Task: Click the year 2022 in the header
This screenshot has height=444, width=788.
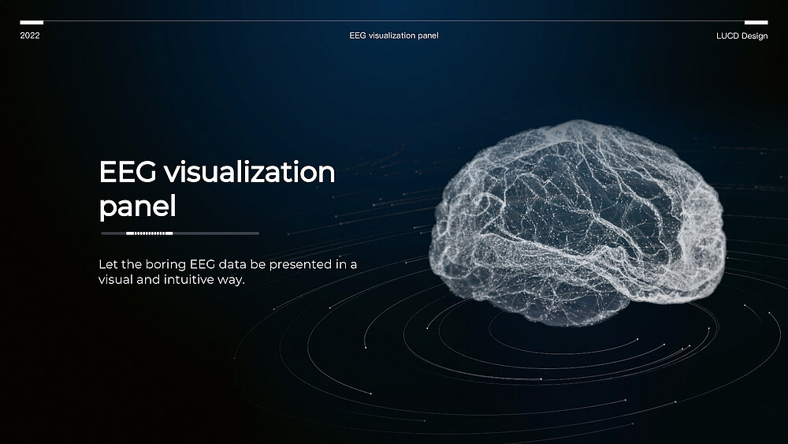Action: pos(30,35)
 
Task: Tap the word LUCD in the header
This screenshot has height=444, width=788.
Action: pos(727,35)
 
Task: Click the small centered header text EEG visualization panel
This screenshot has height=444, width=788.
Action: pos(394,35)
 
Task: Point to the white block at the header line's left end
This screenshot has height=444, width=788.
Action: pos(32,22)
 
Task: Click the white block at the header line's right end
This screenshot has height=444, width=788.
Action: pos(756,22)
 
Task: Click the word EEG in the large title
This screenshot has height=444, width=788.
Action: pos(128,172)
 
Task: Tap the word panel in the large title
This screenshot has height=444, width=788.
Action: pos(137,207)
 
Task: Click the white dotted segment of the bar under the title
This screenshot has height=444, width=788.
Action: pos(149,233)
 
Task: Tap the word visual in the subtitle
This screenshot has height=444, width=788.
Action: pos(116,280)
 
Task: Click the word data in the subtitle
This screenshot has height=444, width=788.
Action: pos(232,264)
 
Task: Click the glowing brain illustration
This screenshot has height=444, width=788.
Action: pos(577,222)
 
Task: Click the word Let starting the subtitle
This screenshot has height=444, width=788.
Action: pos(108,264)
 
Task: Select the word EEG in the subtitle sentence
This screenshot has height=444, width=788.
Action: pos(203,264)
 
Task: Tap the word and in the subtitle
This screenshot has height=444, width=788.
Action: pos(148,280)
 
